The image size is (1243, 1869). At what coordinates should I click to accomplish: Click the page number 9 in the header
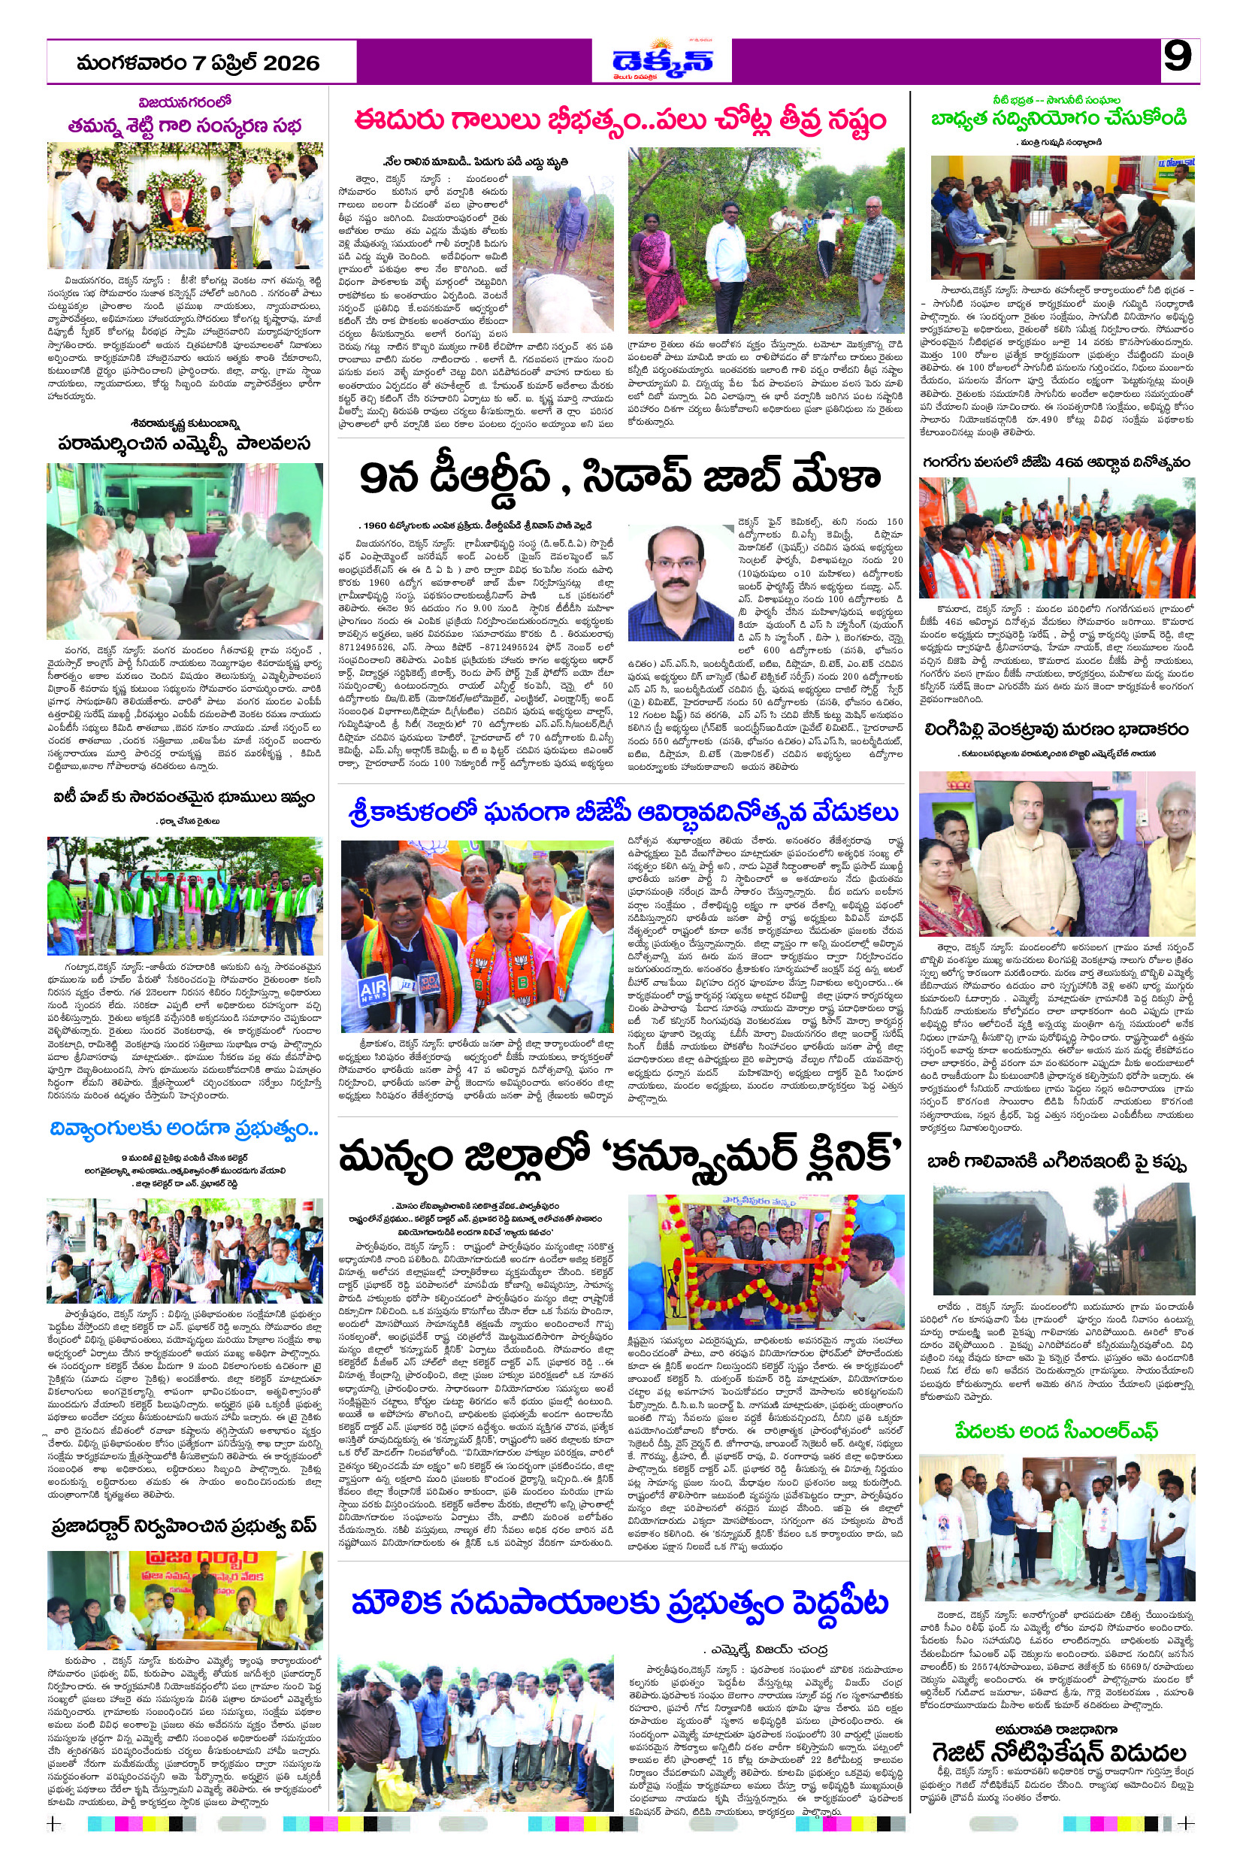(x=1178, y=58)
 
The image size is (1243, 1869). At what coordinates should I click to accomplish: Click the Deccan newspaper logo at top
(x=663, y=60)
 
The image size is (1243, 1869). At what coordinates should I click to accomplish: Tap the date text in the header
(x=198, y=62)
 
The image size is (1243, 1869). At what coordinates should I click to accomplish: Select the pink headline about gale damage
(x=620, y=121)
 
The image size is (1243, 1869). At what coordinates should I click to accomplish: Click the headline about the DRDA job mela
(x=620, y=477)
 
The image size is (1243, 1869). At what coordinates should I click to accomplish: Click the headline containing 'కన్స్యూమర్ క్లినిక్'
(x=620, y=1158)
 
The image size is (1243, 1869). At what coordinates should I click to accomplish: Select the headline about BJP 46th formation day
(x=1056, y=462)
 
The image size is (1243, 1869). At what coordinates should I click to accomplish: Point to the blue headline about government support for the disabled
(x=184, y=1128)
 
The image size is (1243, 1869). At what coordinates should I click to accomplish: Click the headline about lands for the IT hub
(x=184, y=797)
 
